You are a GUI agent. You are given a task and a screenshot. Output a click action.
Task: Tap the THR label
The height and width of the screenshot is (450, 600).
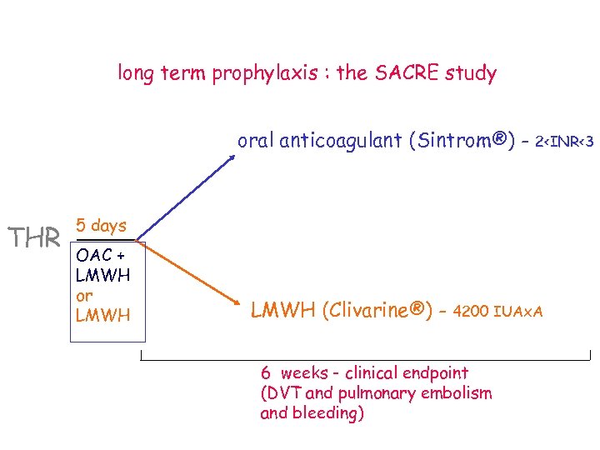[33, 238]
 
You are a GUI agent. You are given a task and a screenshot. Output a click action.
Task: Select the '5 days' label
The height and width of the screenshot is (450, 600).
[101, 225]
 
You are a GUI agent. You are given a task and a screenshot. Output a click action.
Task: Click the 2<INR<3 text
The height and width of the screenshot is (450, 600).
[564, 142]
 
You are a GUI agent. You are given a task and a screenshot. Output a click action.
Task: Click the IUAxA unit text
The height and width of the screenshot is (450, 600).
[518, 312]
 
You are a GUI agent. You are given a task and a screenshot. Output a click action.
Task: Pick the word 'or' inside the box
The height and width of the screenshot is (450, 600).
[83, 295]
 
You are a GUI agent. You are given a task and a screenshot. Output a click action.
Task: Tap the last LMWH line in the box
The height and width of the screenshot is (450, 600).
[102, 315]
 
